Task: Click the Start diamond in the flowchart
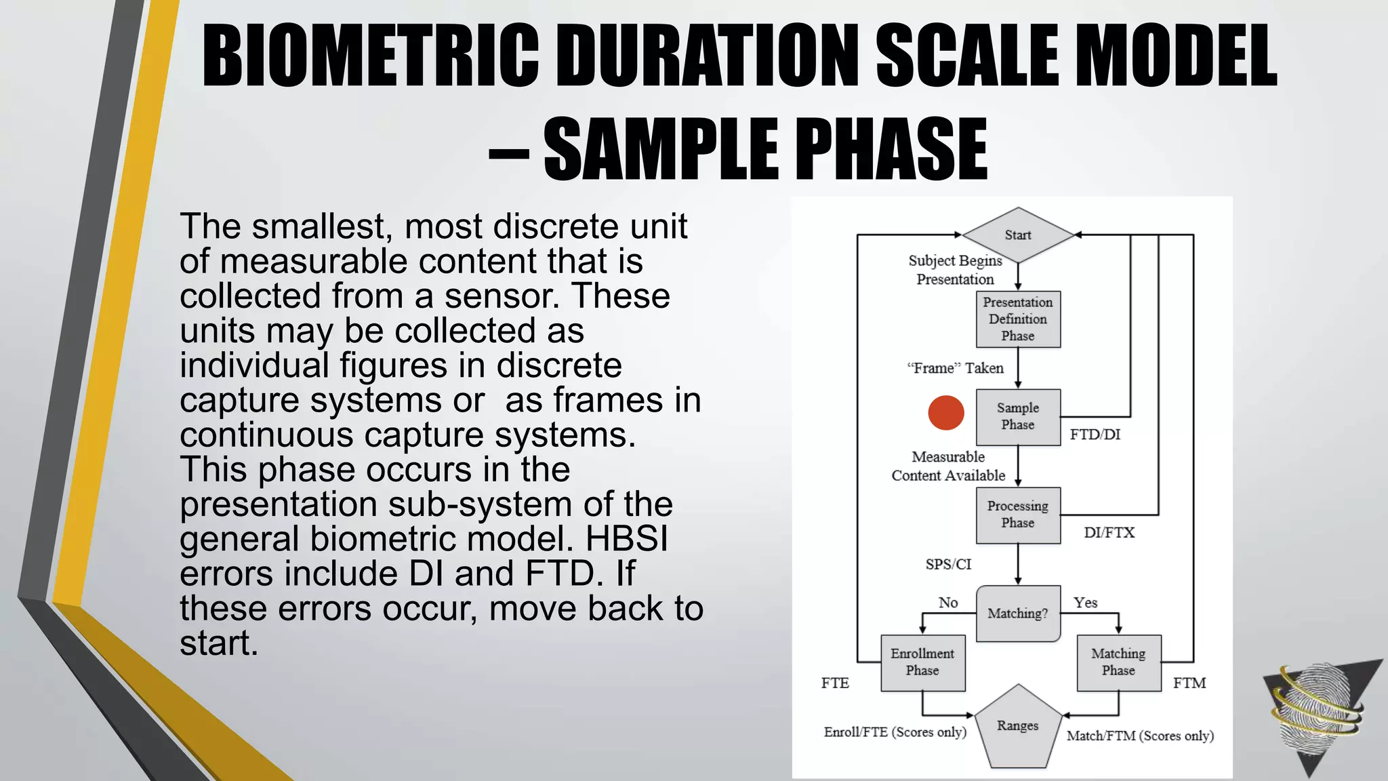[x=1017, y=235]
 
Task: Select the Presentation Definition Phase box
[x=1017, y=319]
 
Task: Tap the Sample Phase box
[x=1017, y=416]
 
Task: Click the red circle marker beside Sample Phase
[x=945, y=413]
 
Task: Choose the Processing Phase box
[x=1017, y=515]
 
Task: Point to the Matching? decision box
[x=1017, y=613]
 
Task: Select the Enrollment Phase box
[x=922, y=662]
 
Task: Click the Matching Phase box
[x=1118, y=662]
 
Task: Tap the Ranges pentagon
[x=1017, y=728]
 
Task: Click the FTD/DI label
[x=1095, y=435]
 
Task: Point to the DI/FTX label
[x=1109, y=533]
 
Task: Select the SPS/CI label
[x=948, y=564]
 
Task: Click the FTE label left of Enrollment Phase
[x=835, y=683]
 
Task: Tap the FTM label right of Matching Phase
[x=1189, y=683]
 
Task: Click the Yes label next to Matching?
[x=1085, y=603]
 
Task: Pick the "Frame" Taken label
[x=955, y=368]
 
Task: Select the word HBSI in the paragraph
[x=626, y=539]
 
